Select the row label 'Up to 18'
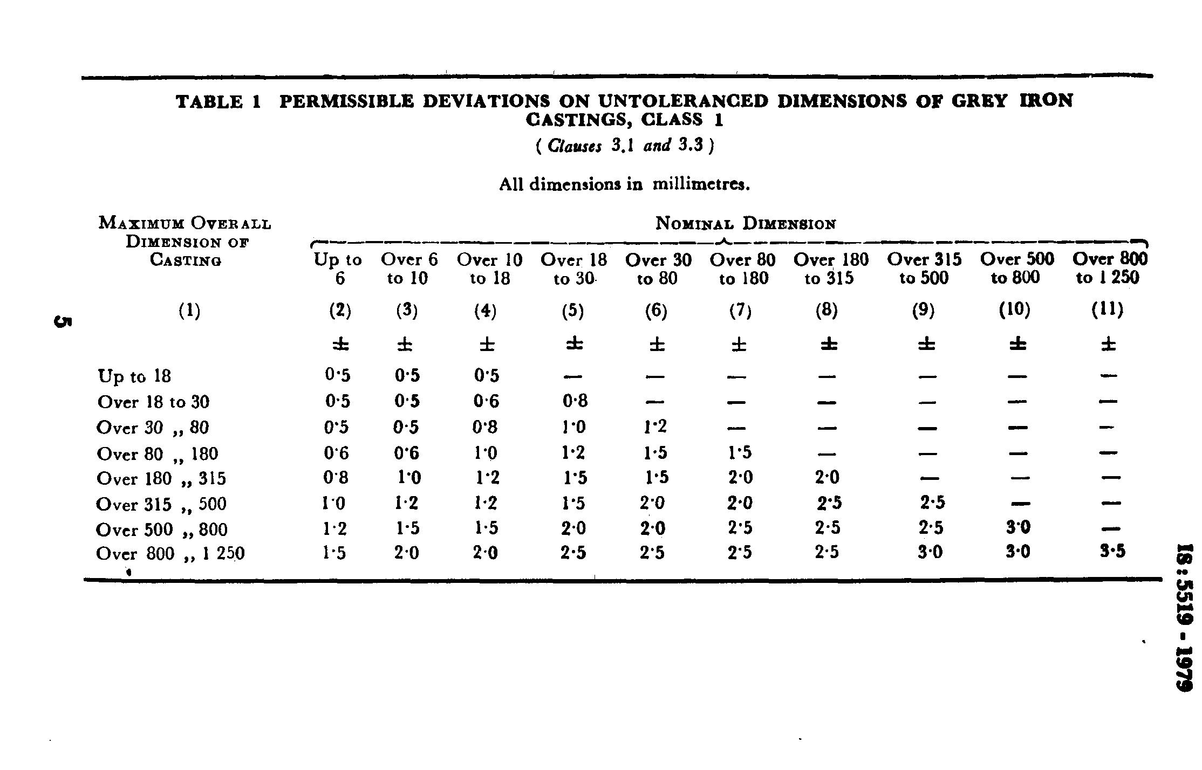coord(134,376)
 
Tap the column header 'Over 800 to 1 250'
coord(1110,269)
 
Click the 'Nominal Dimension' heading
coord(746,223)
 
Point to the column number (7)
coord(740,311)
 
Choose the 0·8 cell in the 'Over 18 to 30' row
coord(573,401)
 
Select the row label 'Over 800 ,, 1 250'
coord(170,554)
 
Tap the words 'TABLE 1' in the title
coord(218,101)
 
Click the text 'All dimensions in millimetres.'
coord(625,184)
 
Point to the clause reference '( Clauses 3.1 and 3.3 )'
coord(625,146)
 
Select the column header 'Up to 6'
coord(339,269)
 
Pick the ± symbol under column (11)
coord(1108,343)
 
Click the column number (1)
coord(189,311)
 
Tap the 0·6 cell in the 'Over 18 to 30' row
coord(487,401)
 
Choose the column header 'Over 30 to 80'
coord(658,269)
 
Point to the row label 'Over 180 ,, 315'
coord(161,479)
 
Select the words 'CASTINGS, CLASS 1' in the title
coord(624,120)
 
